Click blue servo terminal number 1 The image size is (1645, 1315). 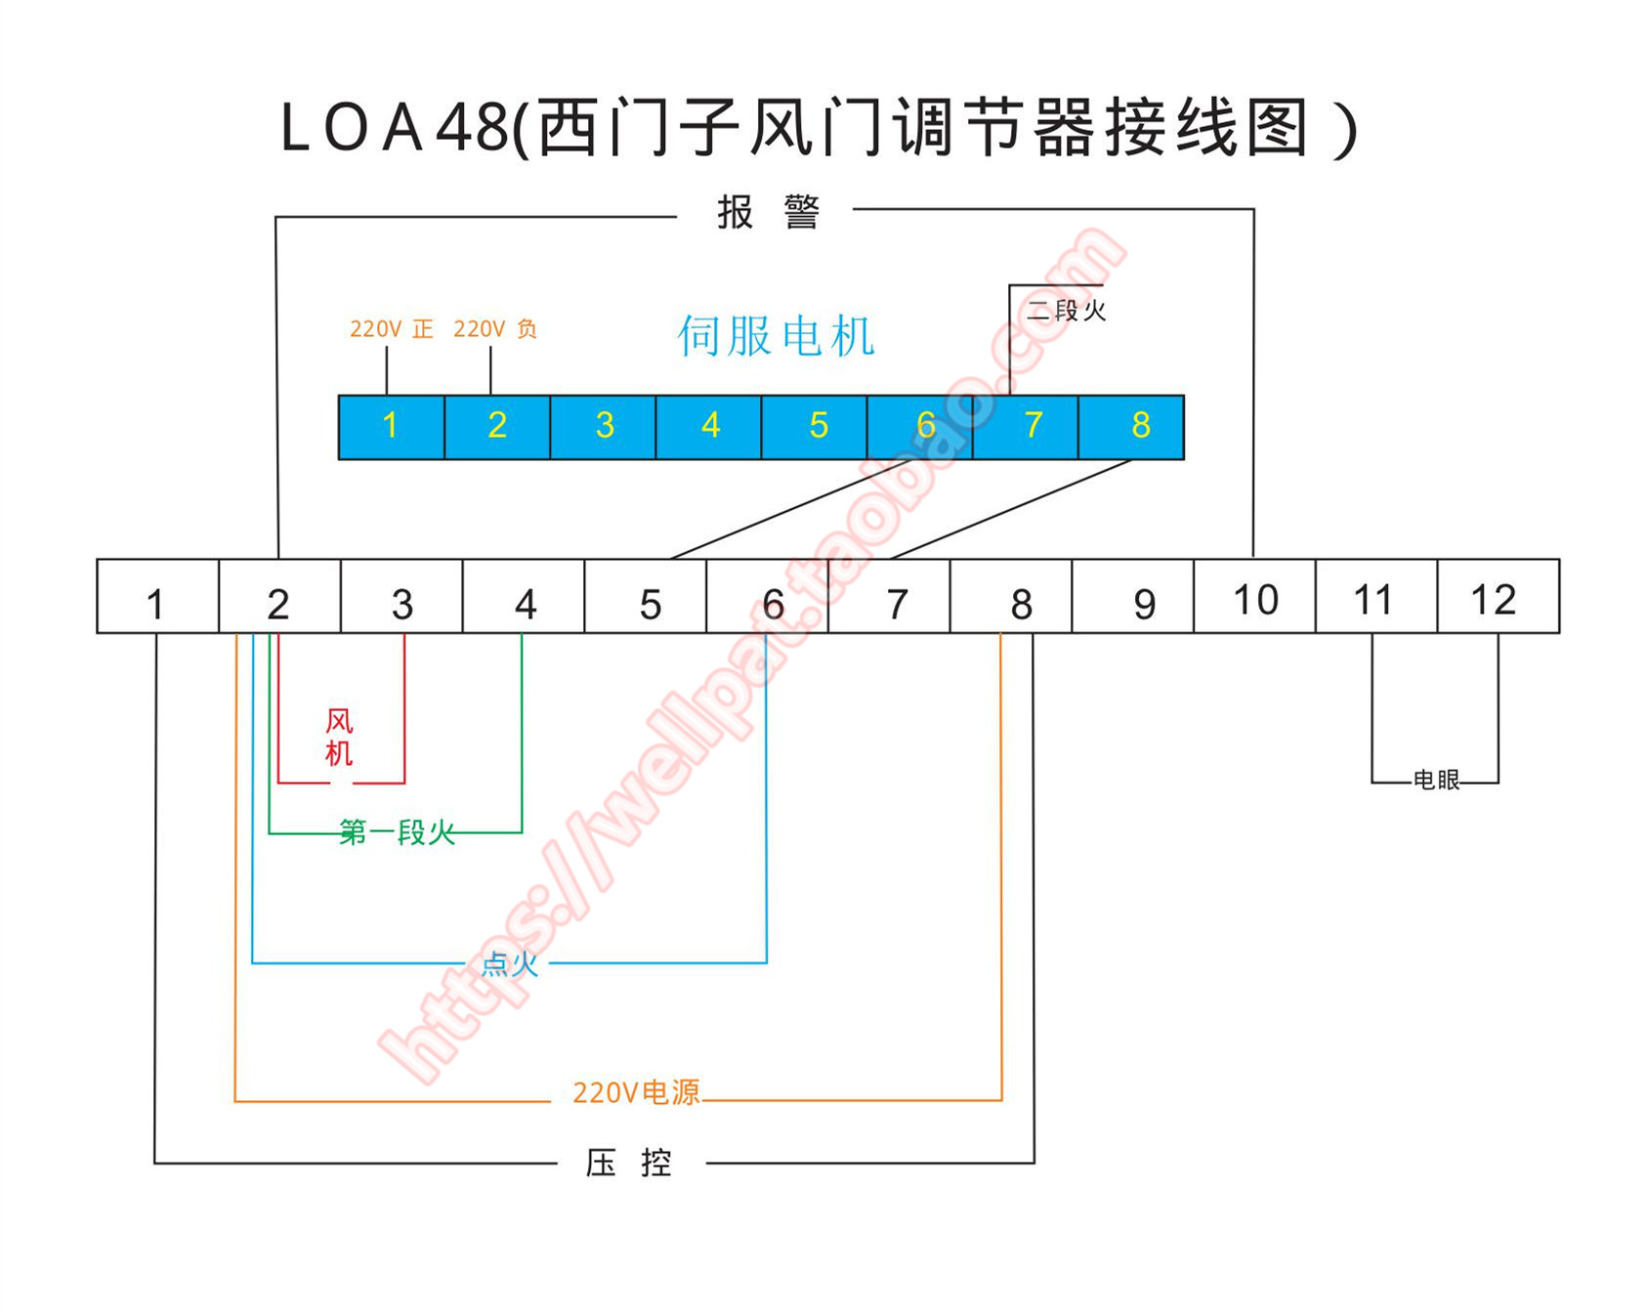click(391, 427)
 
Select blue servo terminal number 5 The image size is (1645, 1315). click(815, 427)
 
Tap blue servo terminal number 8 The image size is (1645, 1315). click(1132, 427)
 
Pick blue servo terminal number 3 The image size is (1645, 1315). click(603, 427)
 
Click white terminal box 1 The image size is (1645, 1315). click(157, 596)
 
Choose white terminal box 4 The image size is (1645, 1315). click(524, 596)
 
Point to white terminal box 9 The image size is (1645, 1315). click(1133, 596)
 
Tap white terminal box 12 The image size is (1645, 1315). click(1498, 596)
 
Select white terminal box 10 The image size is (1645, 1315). click(1255, 596)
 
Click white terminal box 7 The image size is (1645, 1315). click(889, 596)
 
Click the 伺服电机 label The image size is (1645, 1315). click(777, 336)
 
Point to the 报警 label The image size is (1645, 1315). click(768, 212)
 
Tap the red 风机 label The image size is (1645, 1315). click(339, 738)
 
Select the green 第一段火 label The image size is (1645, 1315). click(397, 832)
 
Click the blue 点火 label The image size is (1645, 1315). click(510, 964)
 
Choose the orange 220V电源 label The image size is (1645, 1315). click(636, 1092)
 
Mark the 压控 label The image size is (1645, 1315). click(629, 1163)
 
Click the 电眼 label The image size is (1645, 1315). click(1437, 780)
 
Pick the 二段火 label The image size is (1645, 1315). click(1067, 311)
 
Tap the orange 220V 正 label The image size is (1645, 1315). click(392, 329)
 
